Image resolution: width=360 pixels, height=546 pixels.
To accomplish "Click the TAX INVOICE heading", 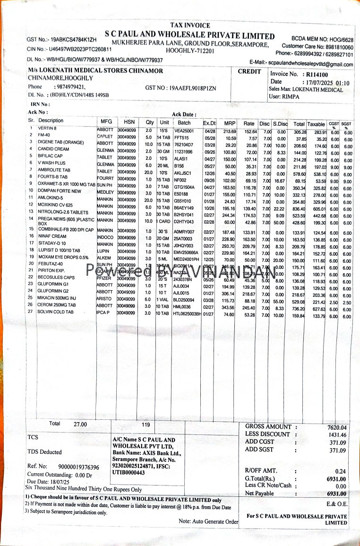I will (x=190, y=26).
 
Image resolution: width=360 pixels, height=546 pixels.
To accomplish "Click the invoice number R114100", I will (x=317, y=74).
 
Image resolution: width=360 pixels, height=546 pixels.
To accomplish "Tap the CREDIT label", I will (x=249, y=72).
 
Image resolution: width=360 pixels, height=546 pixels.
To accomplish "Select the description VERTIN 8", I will (x=47, y=129).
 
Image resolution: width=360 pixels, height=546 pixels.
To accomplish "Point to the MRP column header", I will (x=230, y=123).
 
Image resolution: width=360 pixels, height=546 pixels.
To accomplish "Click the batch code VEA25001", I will (x=184, y=131).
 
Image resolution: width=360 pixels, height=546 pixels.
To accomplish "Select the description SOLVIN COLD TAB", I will (x=56, y=312).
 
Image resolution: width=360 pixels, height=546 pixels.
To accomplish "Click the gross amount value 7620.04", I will (x=337, y=428).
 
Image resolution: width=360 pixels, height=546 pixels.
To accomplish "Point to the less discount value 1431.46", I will (x=337, y=435).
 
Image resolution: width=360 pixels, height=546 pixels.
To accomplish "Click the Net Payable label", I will (x=259, y=494).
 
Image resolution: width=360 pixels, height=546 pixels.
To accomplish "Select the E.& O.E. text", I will (x=337, y=504).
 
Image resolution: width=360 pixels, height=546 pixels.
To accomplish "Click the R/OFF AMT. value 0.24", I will (x=340, y=471).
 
